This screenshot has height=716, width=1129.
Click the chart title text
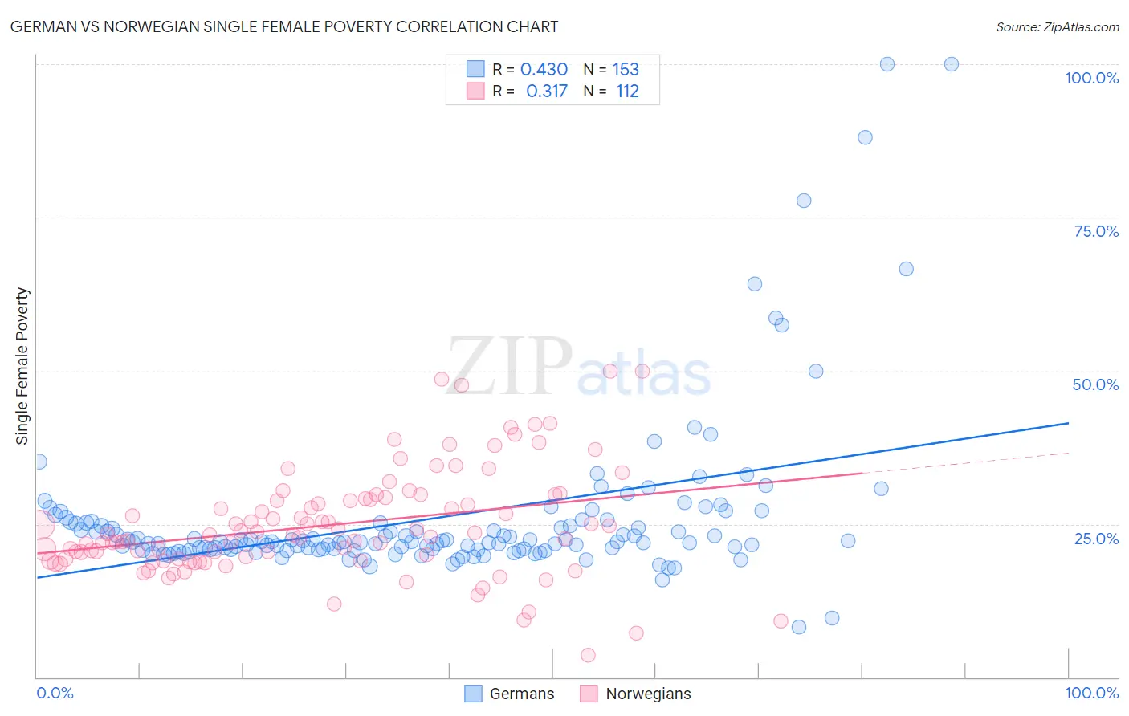285,26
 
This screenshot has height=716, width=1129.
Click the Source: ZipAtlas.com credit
1057,26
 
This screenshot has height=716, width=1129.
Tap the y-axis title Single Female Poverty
22,366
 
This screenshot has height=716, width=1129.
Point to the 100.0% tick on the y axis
1091,78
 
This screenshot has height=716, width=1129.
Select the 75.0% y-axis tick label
1096,231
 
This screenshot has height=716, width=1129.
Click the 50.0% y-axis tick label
1095,384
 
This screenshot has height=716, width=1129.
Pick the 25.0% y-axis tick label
1096,538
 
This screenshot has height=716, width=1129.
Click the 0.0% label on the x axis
55,693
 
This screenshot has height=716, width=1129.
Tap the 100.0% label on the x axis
1091,693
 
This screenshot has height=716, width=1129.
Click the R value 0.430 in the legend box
544,69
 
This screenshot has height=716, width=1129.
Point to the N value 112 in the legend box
627,91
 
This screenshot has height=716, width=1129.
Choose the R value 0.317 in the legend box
546,91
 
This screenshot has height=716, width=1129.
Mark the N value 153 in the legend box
626,69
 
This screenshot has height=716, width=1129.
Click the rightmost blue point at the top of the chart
951,64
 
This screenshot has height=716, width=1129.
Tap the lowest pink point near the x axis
588,655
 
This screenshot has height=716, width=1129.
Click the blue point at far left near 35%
39,462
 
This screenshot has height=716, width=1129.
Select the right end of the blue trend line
1068,423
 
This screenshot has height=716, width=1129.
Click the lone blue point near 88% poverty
865,137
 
